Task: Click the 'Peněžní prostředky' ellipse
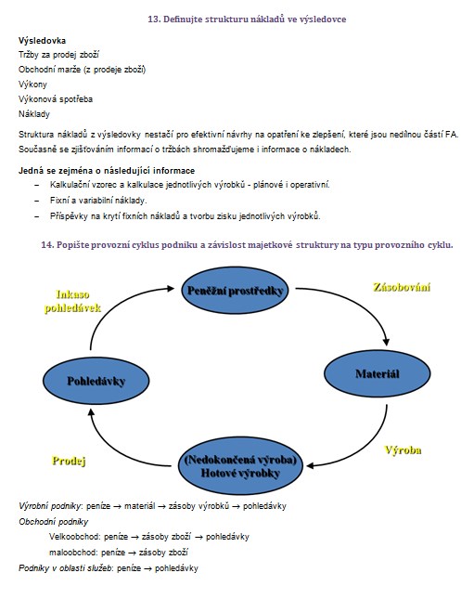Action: point(235,291)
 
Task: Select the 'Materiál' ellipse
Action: point(378,373)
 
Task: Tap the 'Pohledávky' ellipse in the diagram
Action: point(96,381)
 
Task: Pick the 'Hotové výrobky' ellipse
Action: point(240,465)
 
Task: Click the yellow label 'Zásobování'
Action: point(402,287)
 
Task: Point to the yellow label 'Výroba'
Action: point(403,450)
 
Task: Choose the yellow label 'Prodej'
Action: point(69,461)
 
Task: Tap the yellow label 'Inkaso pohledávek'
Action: point(72,301)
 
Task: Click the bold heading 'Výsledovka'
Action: point(42,41)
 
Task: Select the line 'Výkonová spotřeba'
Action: point(56,99)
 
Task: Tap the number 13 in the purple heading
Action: point(153,20)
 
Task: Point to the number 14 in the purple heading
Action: point(46,245)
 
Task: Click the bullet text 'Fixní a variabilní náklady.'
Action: point(98,201)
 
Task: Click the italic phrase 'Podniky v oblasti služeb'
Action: point(65,568)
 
